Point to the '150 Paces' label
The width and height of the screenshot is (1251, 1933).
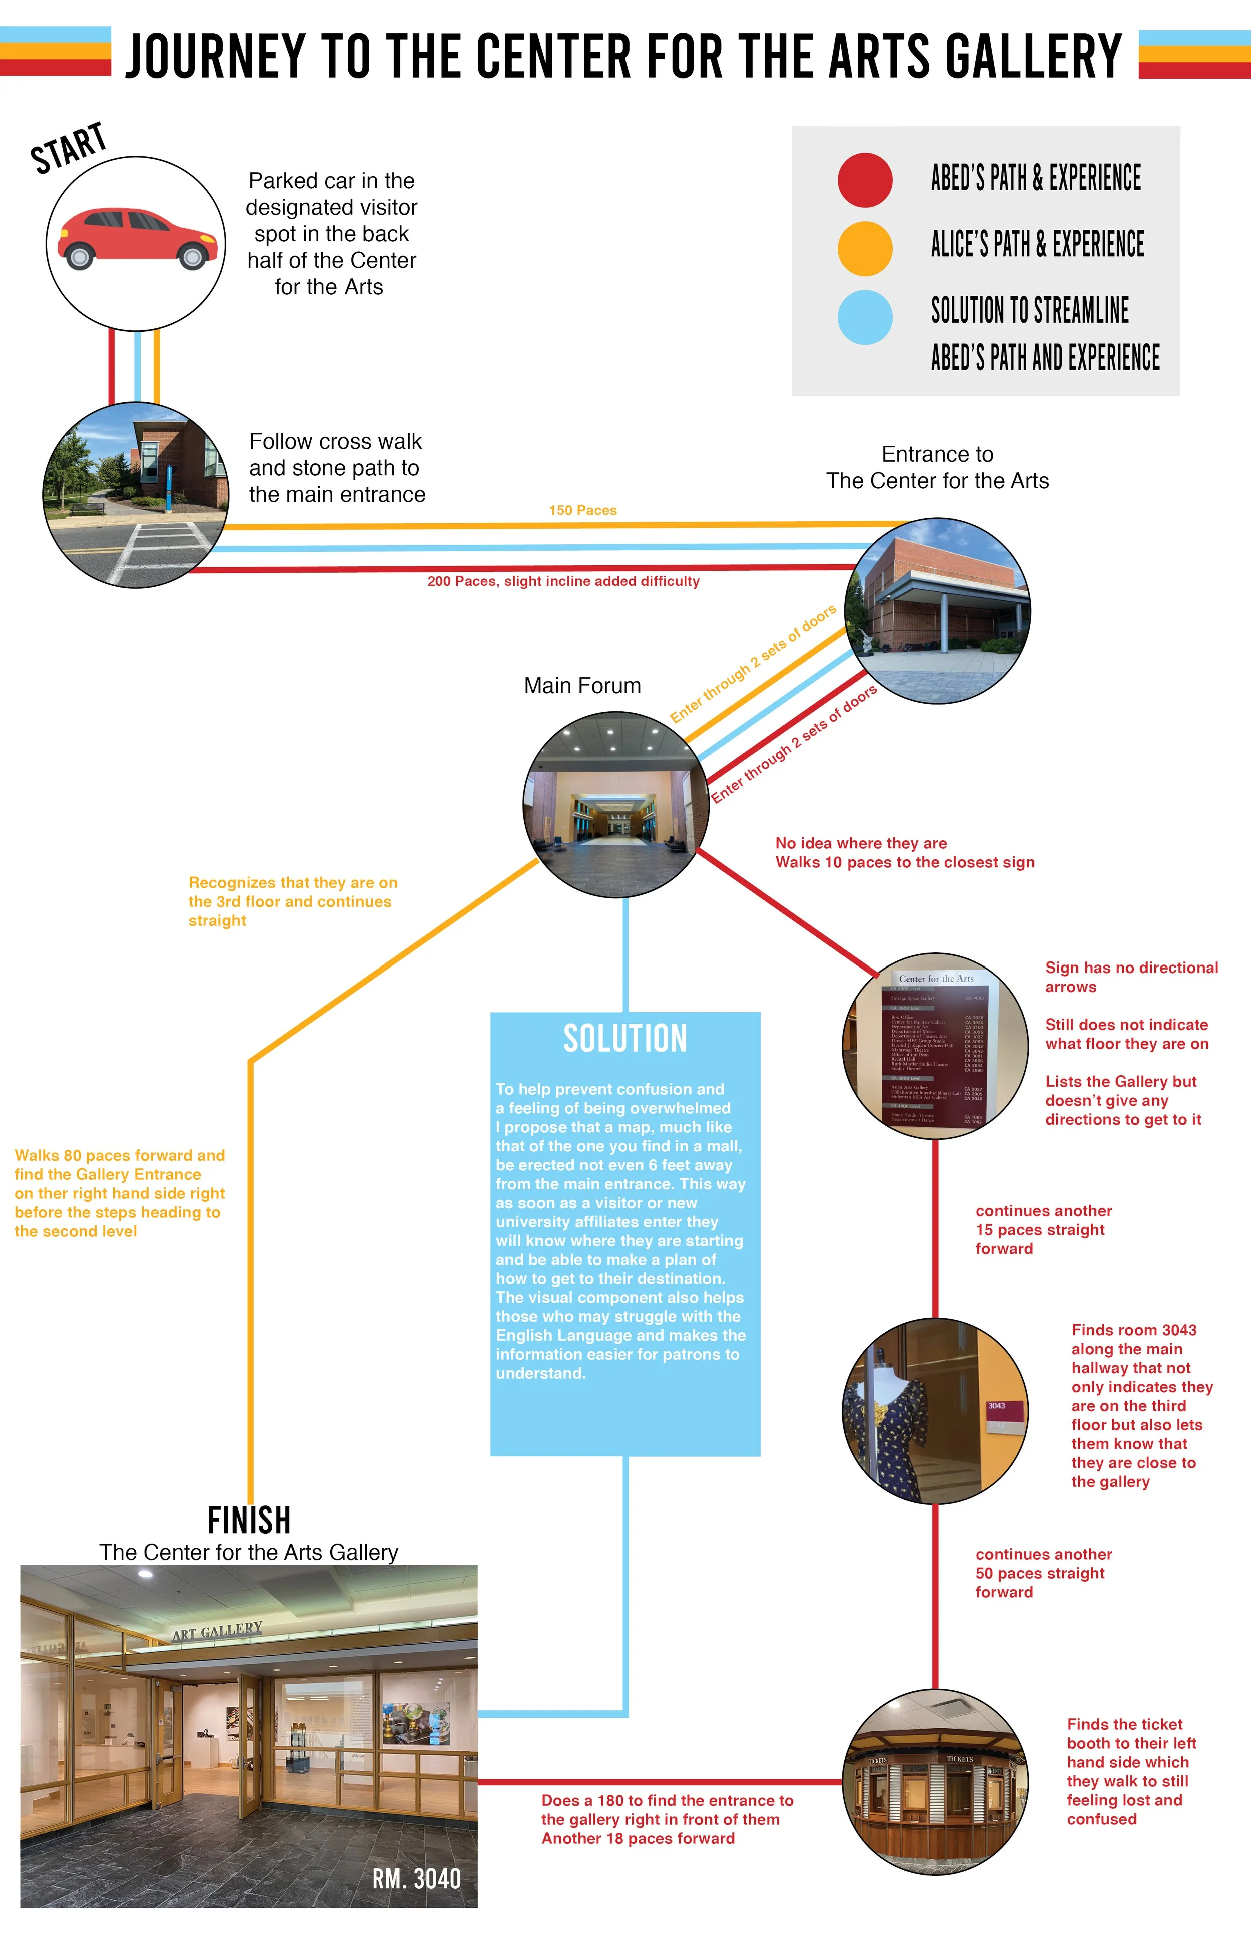coord(582,510)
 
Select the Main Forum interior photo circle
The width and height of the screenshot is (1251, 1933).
coord(616,804)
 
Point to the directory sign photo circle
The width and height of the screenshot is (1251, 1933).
coord(936,1045)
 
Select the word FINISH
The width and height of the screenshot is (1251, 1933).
coord(249,1520)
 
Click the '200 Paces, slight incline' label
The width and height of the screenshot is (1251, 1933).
coord(563,581)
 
